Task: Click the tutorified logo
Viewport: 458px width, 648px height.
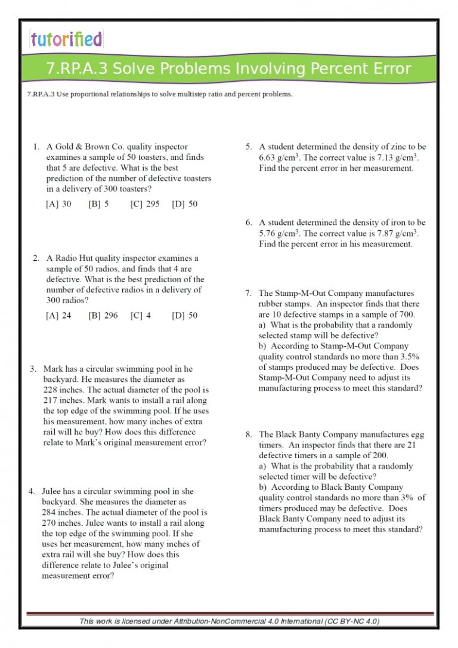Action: click(x=66, y=39)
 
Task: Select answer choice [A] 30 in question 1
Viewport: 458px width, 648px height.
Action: click(x=58, y=204)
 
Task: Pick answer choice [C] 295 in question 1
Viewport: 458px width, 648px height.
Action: click(x=144, y=204)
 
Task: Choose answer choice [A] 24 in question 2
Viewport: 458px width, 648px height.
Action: click(x=58, y=316)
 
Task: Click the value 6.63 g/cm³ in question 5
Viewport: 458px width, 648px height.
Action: click(x=280, y=158)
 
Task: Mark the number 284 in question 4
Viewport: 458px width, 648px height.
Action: click(x=49, y=513)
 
